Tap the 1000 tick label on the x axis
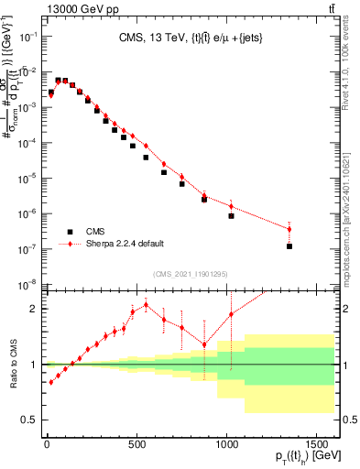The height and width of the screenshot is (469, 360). (x=225, y=444)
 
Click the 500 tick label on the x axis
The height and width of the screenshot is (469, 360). (x=136, y=444)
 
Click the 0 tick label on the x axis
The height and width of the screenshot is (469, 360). (x=47, y=444)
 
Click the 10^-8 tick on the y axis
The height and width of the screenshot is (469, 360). (x=29, y=284)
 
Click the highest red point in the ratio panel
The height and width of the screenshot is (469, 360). (x=146, y=305)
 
